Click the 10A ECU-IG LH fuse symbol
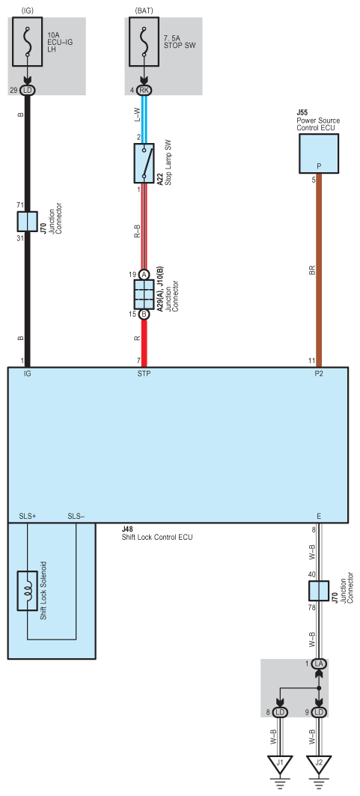tap(28, 41)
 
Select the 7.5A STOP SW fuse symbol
tap(144, 41)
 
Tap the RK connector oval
tap(144, 91)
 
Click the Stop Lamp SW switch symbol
tap(144, 163)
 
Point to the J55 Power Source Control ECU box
tap(319, 154)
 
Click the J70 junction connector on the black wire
tap(28, 222)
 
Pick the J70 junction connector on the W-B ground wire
tap(318, 591)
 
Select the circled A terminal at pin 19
tap(144, 275)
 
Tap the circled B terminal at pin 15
tap(144, 315)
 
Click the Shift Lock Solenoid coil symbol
tap(28, 591)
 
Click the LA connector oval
tap(319, 664)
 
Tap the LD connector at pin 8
tap(279, 713)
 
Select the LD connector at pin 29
tap(28, 91)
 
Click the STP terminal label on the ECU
tap(144, 374)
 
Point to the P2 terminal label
tap(319, 374)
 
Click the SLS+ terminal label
tap(28, 516)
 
